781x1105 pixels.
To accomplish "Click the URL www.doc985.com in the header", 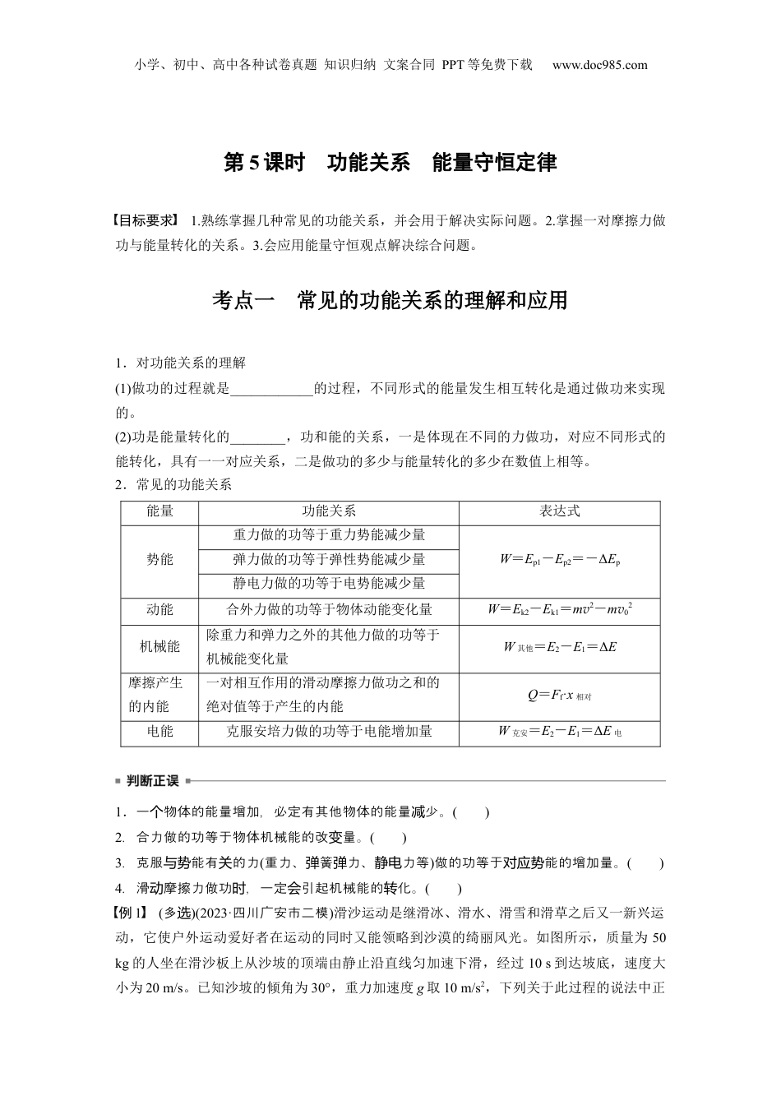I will coord(599,65).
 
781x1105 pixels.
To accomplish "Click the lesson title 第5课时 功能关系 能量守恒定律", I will coord(390,162).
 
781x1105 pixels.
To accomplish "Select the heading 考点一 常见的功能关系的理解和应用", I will coord(390,300).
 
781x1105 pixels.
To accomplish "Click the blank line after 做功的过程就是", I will coord(272,390).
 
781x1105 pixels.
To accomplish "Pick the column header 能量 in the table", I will coord(159,511).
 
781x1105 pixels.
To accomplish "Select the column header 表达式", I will coord(559,511).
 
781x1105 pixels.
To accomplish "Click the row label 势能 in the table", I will coord(159,559).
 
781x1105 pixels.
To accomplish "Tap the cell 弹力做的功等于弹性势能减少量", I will coord(329,559).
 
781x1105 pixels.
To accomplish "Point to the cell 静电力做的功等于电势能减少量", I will coord(329,583).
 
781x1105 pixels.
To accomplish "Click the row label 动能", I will coord(159,609).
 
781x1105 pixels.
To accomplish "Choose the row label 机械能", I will coord(159,646).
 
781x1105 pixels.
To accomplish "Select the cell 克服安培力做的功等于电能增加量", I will coord(329,730).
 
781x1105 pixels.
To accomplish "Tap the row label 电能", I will coord(159,730).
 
